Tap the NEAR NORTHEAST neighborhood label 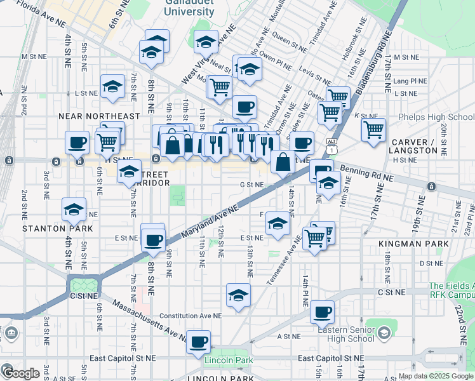click(x=98, y=116)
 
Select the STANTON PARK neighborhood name click(x=58, y=228)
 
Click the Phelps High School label click(x=436, y=117)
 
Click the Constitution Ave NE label click(x=191, y=316)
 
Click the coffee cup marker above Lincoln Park click(x=199, y=341)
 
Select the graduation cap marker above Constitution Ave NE click(x=238, y=295)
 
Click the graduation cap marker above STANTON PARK click(x=74, y=209)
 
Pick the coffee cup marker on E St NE click(x=153, y=239)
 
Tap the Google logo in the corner click(x=20, y=373)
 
